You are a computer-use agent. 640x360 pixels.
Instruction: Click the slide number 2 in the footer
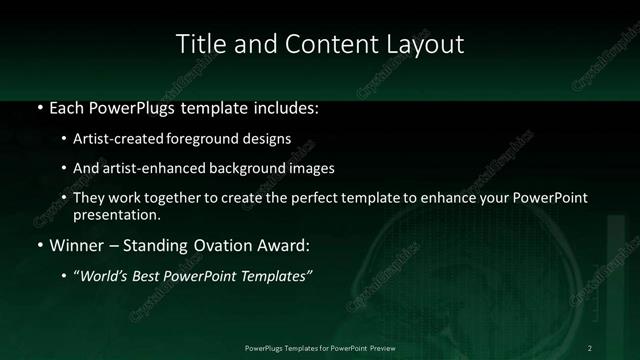(590, 347)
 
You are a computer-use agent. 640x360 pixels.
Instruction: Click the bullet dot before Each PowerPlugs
(38, 106)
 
